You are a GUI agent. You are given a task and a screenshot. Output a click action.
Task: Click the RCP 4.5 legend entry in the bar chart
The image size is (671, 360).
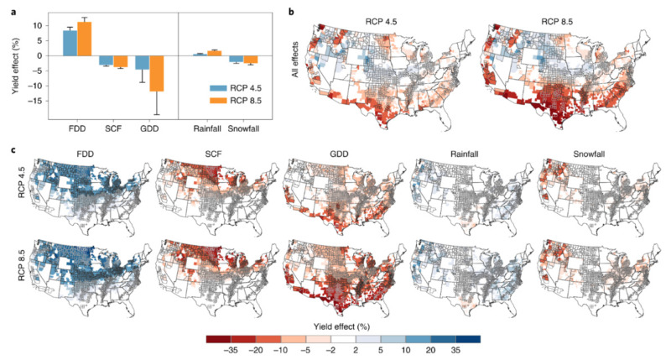click(x=230, y=86)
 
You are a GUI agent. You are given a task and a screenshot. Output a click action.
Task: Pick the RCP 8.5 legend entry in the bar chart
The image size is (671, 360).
click(x=230, y=101)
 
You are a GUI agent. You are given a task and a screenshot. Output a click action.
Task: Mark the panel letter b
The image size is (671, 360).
click(x=291, y=9)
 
